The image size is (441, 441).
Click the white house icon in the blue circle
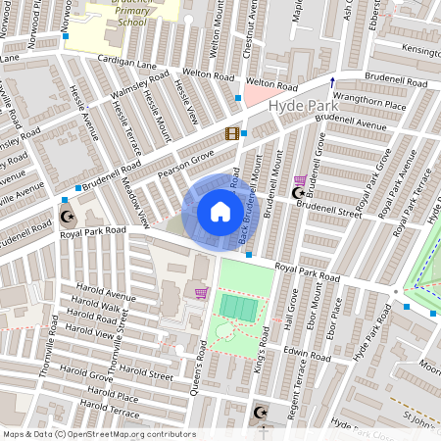pos(220,212)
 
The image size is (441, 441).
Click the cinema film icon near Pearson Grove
pos(231,133)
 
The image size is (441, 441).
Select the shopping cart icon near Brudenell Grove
pos(299,180)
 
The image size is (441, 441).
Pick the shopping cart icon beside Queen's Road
pos(201,292)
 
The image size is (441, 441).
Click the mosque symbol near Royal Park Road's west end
pos(67,217)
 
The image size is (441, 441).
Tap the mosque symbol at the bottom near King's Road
pos(260,413)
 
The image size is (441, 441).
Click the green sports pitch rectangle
pos(238,307)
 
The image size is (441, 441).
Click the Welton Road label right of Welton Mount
pos(271,84)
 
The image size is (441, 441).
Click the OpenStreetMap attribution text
pos(98,434)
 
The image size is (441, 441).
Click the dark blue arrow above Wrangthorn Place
pos(332,81)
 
